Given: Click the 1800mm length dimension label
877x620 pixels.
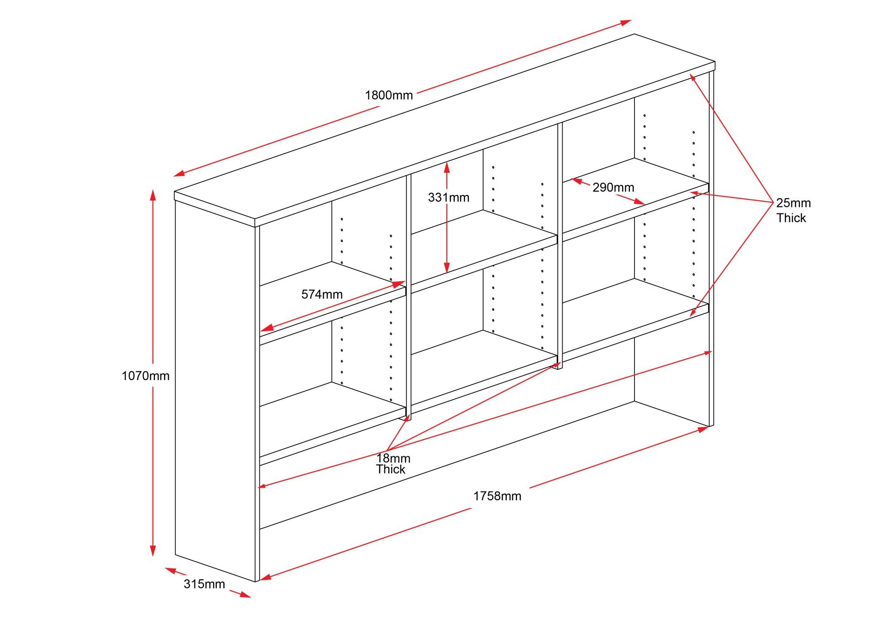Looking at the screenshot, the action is pos(389,95).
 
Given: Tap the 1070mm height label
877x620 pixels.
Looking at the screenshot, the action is pos(145,376).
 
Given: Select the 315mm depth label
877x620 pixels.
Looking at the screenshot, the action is pos(204,584).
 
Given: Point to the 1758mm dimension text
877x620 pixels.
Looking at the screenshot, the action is pos(497,496).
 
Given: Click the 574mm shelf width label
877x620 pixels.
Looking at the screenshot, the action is pos(322,294).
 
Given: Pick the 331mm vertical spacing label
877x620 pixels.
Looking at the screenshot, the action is pos(449,197).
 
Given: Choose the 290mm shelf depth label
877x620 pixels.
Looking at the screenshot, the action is pos(613,187).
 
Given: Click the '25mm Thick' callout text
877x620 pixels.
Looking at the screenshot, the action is pos(793,210).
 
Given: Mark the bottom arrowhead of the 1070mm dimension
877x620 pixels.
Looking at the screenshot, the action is pos(153,551).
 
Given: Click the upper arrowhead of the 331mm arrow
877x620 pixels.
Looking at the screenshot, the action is pos(447,167).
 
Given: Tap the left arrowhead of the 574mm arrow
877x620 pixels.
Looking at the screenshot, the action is pos(266,328).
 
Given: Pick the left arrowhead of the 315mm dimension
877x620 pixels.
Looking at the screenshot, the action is pos(170,570).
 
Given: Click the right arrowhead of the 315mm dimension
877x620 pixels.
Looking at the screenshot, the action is pos(245,594).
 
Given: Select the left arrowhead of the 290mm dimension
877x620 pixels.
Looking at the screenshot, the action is pos(576,181).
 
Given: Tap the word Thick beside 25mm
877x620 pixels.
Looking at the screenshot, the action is pos(792,218).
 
